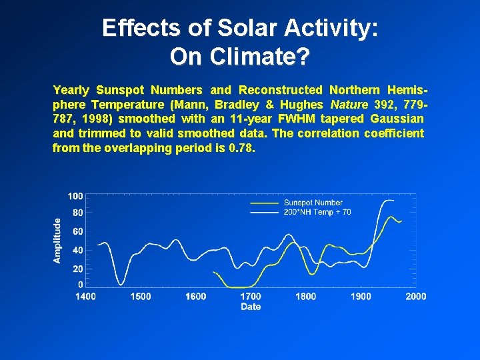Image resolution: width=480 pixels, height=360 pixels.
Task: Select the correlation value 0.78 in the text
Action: pos(241,147)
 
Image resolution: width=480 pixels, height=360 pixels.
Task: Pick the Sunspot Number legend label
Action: pos(313,203)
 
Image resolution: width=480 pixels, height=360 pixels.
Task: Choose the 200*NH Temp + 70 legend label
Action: pos(317,212)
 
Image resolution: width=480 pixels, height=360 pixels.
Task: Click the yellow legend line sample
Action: pos(264,203)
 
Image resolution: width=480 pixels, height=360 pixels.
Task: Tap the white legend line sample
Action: pos(264,212)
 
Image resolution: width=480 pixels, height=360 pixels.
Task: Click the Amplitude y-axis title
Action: pos(58,240)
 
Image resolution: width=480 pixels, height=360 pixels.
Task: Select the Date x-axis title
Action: pos(251,307)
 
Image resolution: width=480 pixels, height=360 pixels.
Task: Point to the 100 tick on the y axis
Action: pos(75,196)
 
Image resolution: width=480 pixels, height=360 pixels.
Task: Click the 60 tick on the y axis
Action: pos(77,231)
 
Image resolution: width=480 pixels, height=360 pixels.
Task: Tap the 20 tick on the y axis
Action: pos(77,269)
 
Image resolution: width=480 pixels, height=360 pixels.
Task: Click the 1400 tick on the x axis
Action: pos(85,297)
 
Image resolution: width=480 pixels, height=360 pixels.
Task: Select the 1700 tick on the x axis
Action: pos(251,297)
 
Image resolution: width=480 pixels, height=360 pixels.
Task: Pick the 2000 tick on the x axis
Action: pos(416,297)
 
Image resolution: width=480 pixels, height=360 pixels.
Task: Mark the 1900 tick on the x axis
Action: pos(361,297)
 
